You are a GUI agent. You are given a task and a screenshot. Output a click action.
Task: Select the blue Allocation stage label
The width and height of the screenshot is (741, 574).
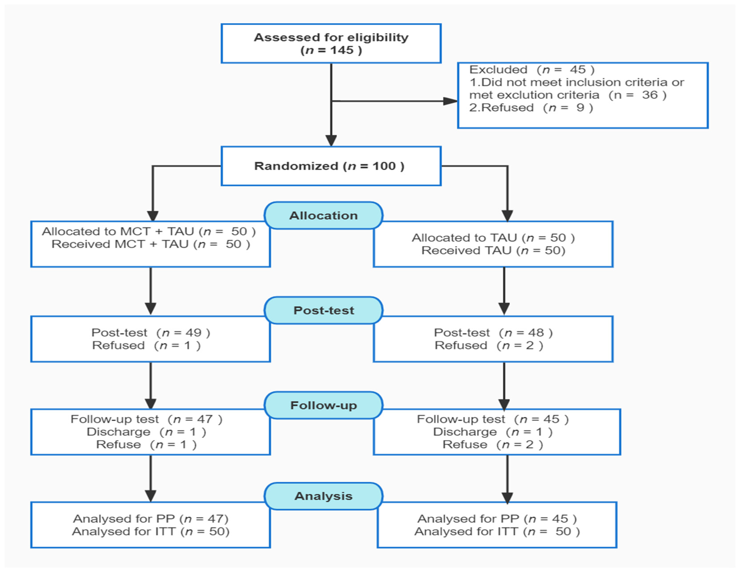tap(323, 216)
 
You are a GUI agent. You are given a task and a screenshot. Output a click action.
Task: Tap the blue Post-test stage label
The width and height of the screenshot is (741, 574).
tap(323, 310)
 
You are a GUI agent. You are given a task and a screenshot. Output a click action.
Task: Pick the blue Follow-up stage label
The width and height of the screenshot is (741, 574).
tap(323, 405)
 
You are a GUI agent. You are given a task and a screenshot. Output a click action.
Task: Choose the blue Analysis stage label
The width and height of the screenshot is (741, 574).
tap(323, 496)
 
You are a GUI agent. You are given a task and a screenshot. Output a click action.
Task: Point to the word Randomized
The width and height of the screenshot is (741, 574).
tap(296, 166)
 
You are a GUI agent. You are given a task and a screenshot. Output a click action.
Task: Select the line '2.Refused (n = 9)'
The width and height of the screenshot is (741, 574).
tap(531, 108)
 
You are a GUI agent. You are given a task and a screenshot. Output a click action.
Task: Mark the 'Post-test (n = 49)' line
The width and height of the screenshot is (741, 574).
tap(151, 333)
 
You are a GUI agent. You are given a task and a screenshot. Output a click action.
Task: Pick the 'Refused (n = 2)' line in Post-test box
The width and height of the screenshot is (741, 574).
tap(489, 345)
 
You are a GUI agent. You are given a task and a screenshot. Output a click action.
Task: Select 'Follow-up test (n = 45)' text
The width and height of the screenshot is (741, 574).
tap(492, 419)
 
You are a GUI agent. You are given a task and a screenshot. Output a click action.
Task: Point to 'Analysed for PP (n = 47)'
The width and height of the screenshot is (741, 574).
tap(151, 519)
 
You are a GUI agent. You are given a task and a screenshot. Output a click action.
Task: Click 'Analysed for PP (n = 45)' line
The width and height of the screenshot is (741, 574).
tap(497, 519)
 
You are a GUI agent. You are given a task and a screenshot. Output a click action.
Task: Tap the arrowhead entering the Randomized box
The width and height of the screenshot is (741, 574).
tap(331, 140)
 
